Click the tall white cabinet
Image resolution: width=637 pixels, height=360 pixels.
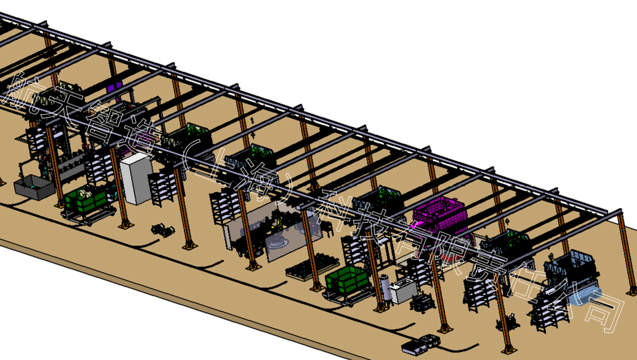click(x=136, y=179)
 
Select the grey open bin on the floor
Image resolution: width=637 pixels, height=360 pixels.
click(x=34, y=187)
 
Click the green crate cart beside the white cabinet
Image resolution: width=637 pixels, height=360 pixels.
click(x=87, y=200)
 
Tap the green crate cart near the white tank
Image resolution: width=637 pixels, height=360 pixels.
click(x=348, y=280)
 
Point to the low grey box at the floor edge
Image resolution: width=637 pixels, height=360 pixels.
click(x=420, y=344)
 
